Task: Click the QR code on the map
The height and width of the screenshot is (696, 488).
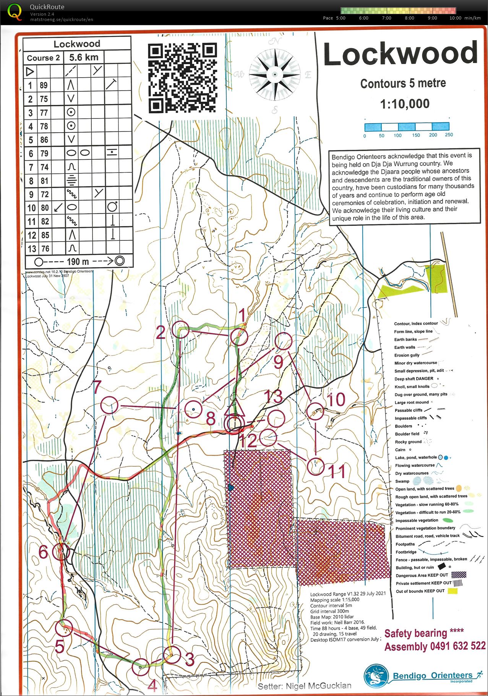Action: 182,78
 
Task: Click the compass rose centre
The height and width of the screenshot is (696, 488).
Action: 274,74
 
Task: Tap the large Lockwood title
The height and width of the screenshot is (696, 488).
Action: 400,54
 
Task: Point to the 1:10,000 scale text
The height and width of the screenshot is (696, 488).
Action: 404,104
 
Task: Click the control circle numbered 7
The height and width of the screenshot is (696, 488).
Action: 109,405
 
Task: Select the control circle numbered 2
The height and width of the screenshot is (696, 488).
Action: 180,329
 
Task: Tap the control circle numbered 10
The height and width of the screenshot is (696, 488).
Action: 316,412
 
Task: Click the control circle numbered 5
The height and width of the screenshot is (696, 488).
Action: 64,628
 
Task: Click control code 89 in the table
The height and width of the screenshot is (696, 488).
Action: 44,85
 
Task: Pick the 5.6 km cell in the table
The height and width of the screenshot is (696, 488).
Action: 84,57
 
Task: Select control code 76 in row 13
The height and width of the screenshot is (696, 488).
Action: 45,249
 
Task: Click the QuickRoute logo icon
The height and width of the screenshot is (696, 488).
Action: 15,11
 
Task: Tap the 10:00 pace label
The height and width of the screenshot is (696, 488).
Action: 455,18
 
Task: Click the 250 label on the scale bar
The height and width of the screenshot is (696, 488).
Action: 449,135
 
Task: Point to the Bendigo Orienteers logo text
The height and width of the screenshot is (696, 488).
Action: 432,675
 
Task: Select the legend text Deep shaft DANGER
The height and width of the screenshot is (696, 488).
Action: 414,378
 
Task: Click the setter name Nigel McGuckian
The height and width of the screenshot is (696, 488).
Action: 318,686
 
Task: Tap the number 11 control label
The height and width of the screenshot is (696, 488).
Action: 337,472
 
